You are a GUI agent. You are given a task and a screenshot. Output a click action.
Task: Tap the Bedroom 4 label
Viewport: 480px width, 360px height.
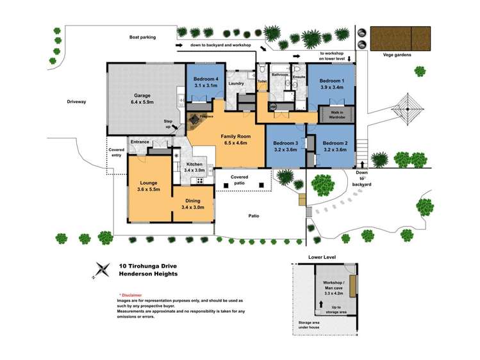click(x=206, y=80)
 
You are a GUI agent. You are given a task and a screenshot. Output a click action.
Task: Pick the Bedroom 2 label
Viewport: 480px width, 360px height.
click(x=335, y=143)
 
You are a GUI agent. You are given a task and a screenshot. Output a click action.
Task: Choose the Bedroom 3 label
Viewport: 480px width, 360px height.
click(x=285, y=143)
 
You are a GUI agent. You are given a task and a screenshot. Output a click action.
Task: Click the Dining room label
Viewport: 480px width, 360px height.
click(x=193, y=200)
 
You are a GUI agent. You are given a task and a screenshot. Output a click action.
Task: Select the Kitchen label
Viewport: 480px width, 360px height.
click(x=193, y=165)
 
